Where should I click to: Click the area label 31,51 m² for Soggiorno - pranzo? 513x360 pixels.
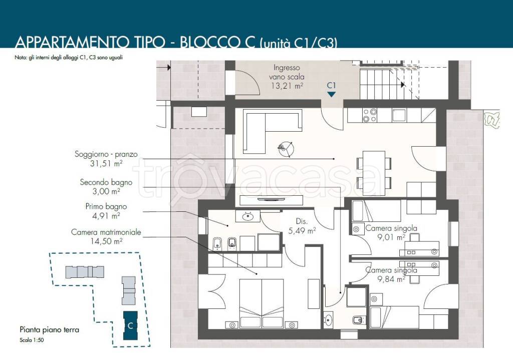click(x=106, y=163)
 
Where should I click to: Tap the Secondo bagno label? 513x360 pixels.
click(x=106, y=182)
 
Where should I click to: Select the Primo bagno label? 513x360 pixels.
click(x=106, y=206)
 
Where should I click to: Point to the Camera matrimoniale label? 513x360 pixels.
click(x=106, y=232)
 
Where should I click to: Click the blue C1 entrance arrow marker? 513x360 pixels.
click(x=332, y=94)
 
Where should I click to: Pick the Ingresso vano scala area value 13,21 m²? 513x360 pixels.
click(x=287, y=86)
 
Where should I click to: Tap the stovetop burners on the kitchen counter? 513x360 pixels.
click(x=370, y=115)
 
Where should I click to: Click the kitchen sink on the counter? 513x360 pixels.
click(x=399, y=115)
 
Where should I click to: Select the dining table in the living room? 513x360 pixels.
click(x=374, y=173)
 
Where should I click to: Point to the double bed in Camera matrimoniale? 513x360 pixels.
click(x=262, y=303)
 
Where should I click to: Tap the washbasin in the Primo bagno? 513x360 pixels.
click(x=248, y=216)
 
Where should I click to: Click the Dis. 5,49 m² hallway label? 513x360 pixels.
click(x=302, y=226)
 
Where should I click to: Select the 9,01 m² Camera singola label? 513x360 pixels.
click(x=391, y=232)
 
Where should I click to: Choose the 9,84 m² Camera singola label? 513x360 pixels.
click(x=391, y=275)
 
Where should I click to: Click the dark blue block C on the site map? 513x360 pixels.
click(x=130, y=325)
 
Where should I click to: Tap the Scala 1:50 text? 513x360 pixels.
click(x=32, y=340)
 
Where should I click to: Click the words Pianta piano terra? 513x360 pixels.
click(x=50, y=329)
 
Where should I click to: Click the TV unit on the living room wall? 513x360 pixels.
click(x=271, y=200)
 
